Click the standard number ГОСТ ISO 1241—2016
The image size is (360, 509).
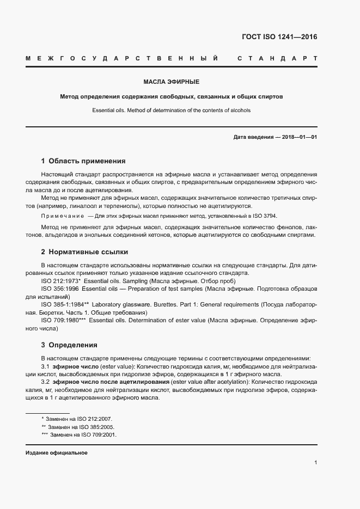point(279,37)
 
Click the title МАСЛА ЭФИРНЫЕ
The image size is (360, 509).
point(171,82)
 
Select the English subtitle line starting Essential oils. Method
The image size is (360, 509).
point(171,110)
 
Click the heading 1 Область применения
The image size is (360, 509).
point(83,161)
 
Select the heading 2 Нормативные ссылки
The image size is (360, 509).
point(84,252)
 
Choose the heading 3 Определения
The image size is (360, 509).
point(69,345)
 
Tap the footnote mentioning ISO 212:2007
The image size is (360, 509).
point(77,419)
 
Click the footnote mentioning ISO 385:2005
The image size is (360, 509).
point(77,427)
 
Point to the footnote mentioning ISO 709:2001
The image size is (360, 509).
point(79,436)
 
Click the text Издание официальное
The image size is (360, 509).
point(57,453)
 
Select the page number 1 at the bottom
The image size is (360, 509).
point(316,463)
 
